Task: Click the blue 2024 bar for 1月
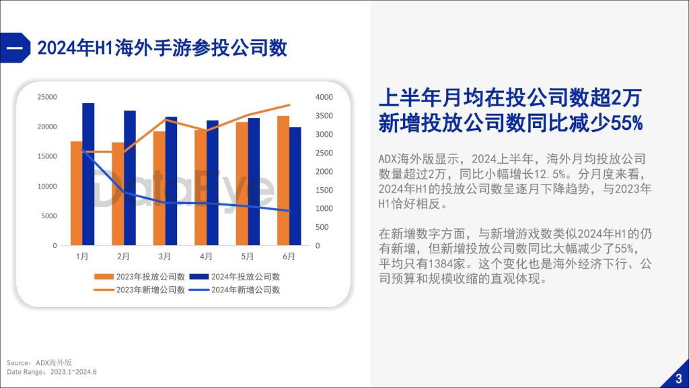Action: (x=88, y=174)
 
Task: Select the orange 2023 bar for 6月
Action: (x=283, y=181)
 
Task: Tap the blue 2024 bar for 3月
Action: (x=172, y=181)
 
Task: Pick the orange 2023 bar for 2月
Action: (x=118, y=194)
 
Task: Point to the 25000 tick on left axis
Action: (x=47, y=97)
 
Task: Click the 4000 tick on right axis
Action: (x=324, y=97)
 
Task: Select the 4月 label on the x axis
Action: (x=206, y=257)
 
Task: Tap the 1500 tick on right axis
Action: (x=324, y=190)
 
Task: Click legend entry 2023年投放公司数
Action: (x=139, y=277)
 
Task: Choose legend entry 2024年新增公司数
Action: (x=235, y=290)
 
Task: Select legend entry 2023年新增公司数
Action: (x=139, y=290)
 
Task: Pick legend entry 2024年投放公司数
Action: (x=235, y=277)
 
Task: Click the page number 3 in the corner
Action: (x=679, y=379)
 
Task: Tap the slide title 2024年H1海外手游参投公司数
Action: (x=162, y=48)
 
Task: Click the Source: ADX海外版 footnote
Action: (x=39, y=362)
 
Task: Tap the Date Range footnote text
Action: (x=51, y=372)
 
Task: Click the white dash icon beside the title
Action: (x=14, y=48)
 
